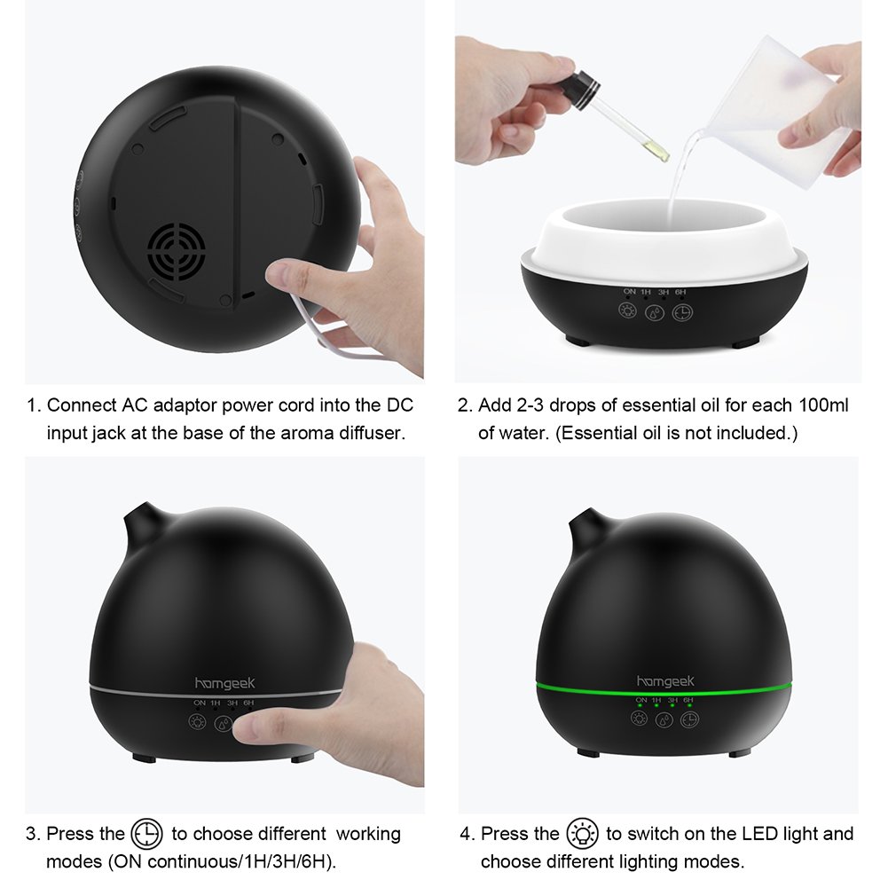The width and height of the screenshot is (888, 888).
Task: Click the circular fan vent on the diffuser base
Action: tap(177, 251)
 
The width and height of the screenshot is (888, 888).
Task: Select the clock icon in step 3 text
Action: tap(146, 834)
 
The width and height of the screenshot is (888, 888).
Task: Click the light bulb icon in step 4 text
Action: tap(582, 834)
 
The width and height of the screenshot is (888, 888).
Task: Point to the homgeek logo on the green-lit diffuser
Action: tap(665, 680)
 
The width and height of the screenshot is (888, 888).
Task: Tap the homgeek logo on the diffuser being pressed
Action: tap(224, 684)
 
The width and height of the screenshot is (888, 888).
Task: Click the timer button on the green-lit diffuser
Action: tap(689, 719)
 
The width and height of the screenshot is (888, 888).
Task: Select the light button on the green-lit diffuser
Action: tap(640, 719)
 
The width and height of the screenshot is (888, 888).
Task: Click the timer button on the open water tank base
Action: tap(682, 312)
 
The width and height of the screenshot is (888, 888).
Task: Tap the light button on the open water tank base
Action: tap(627, 310)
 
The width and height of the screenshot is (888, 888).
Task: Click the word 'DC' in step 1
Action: tap(400, 405)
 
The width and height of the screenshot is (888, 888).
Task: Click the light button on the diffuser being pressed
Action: tap(197, 722)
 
